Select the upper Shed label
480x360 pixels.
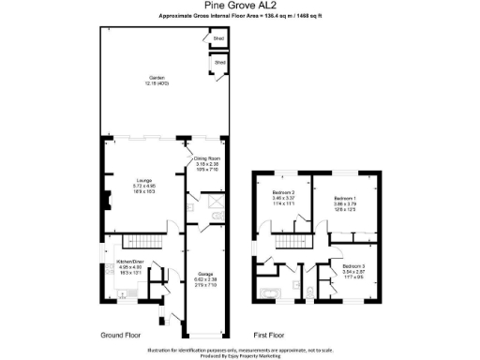[219, 39]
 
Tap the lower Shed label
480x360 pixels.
[220, 63]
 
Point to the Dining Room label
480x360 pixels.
[206, 159]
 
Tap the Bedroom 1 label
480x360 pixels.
[348, 199]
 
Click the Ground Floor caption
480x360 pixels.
[121, 335]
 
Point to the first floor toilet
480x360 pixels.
[308, 292]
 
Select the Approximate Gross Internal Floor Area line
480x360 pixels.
[240, 17]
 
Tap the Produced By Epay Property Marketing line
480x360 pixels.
[239, 354]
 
